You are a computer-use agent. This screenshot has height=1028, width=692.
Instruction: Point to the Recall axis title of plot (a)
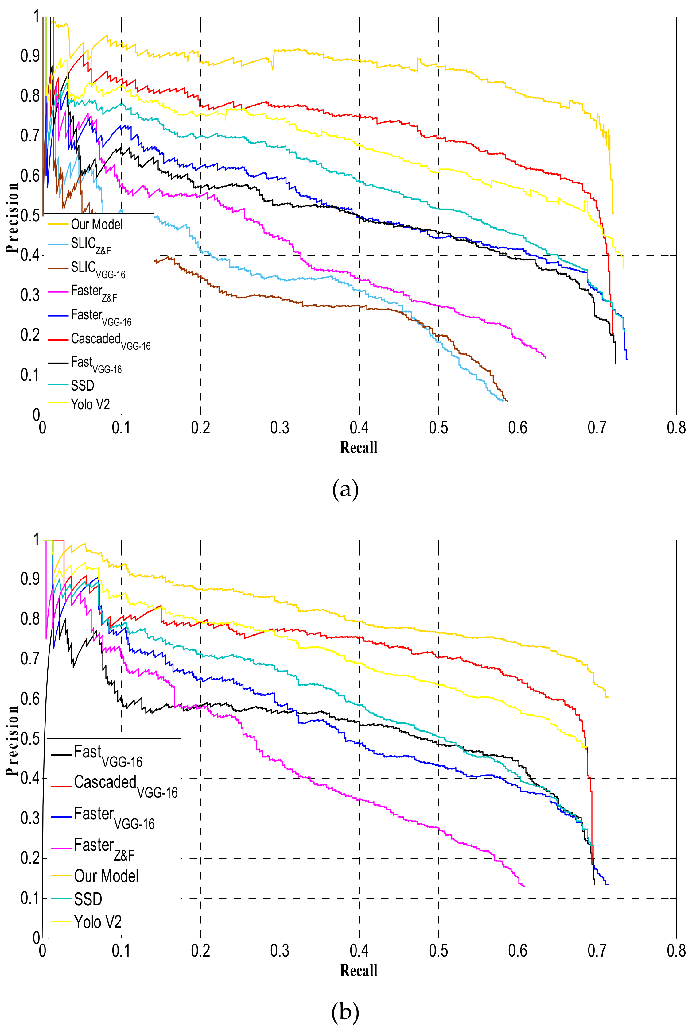[x=358, y=448]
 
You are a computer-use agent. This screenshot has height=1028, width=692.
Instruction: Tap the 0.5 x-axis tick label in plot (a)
[x=438, y=428]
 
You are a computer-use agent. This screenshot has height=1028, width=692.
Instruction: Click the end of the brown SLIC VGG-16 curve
[x=507, y=401]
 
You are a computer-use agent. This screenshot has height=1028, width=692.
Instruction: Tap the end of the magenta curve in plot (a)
[x=546, y=358]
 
